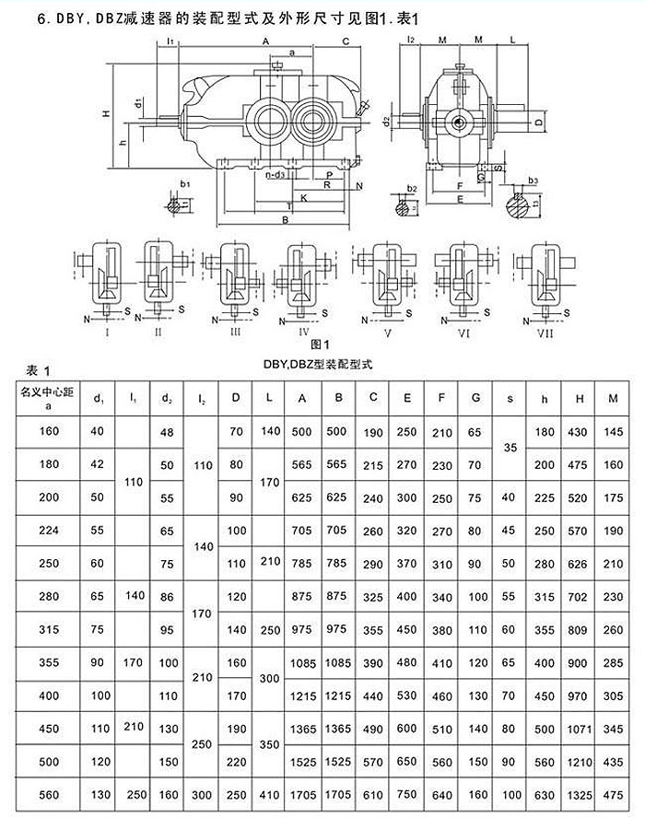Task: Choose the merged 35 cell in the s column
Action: click(x=510, y=447)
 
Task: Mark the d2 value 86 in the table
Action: click(x=167, y=597)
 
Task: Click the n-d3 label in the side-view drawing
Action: click(x=274, y=174)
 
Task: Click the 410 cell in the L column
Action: click(x=267, y=794)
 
